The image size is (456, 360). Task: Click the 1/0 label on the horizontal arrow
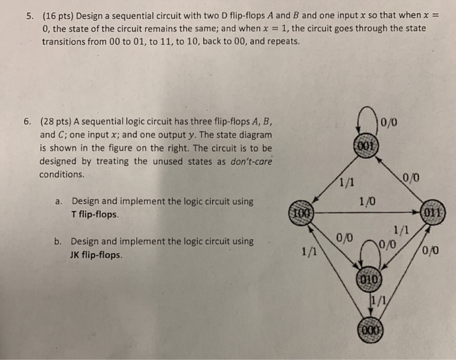tap(367, 202)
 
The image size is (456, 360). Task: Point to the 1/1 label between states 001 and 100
tap(346, 184)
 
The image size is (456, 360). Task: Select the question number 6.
tap(27, 121)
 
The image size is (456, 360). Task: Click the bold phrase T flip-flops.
tap(95, 214)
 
